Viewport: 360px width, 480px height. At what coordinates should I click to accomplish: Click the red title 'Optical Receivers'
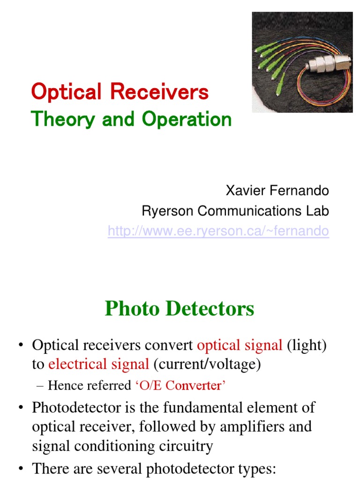tap(120, 92)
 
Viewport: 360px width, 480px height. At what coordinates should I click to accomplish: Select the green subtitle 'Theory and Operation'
tap(131, 120)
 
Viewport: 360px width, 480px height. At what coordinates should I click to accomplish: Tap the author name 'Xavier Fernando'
tap(277, 191)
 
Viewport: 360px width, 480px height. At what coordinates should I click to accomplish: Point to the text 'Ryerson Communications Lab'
tap(235, 211)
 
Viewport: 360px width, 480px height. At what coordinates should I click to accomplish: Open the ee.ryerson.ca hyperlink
tap(218, 231)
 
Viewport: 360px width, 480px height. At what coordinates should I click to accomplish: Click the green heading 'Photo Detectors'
tap(180, 309)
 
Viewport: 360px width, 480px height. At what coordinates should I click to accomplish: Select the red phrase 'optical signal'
tap(240, 345)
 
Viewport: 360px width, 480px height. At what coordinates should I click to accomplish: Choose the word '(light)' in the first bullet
tap(307, 345)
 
